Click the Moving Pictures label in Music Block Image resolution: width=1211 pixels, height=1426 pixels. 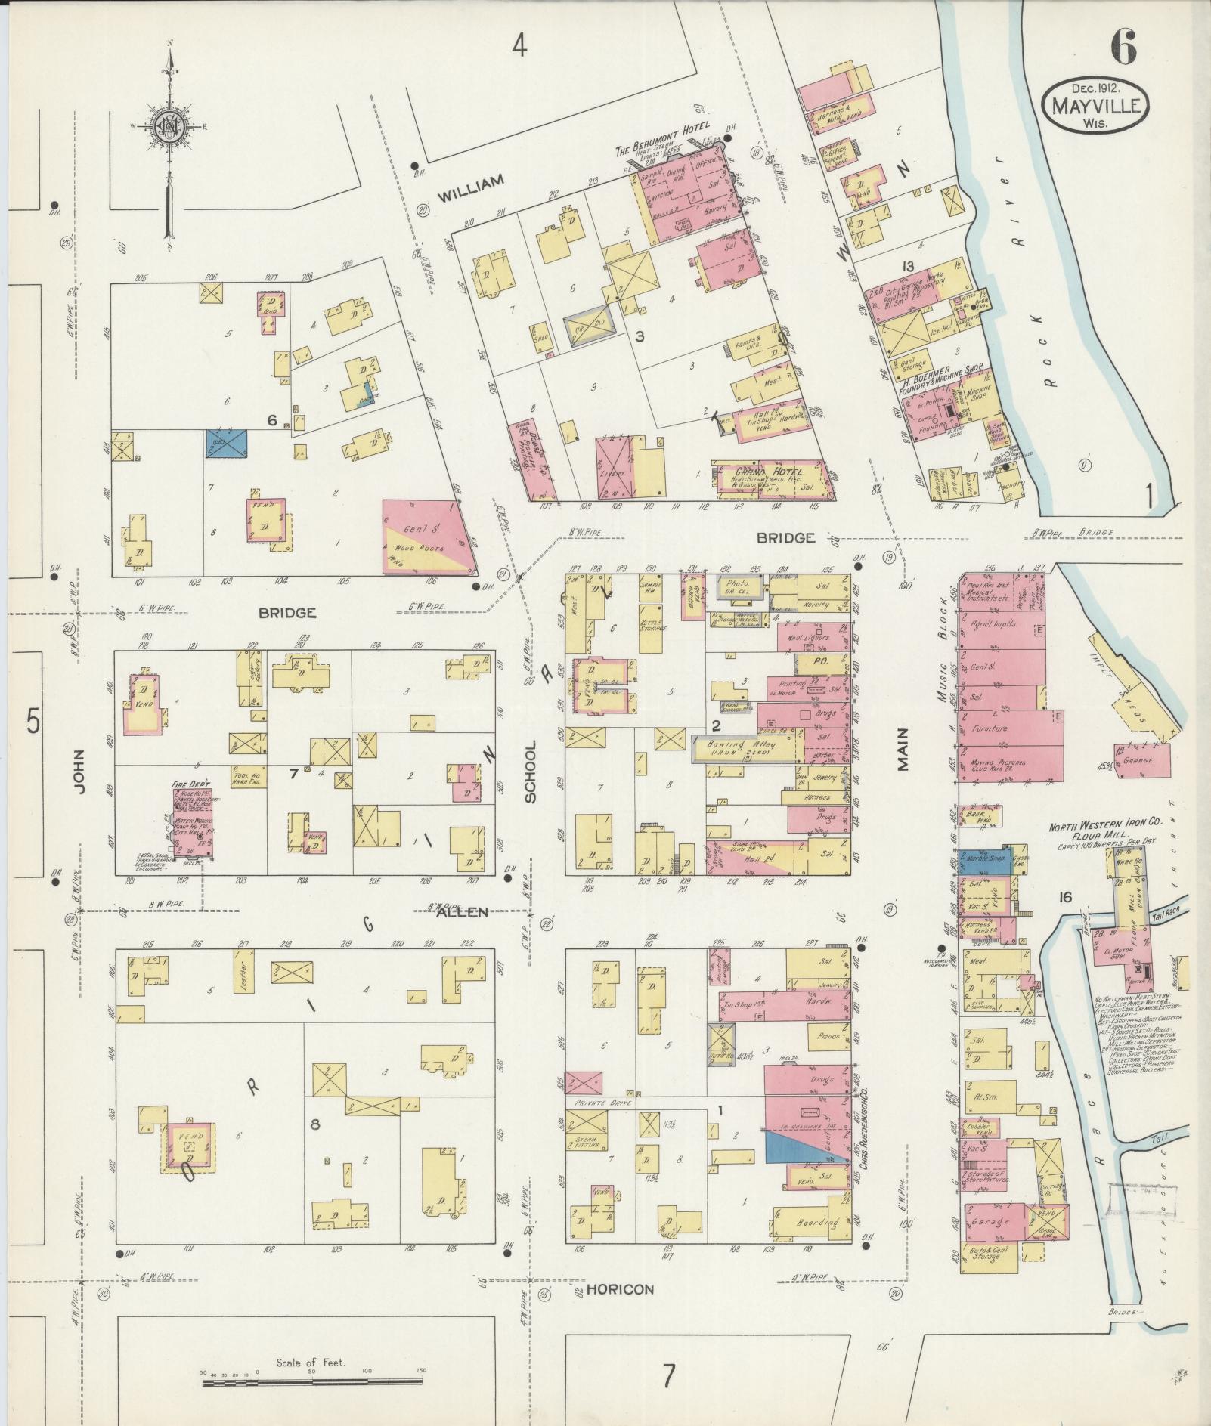[x=996, y=763]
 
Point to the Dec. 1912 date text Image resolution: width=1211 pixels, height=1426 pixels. [x=1094, y=88]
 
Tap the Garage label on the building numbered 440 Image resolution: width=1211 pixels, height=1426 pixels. [x=992, y=1222]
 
